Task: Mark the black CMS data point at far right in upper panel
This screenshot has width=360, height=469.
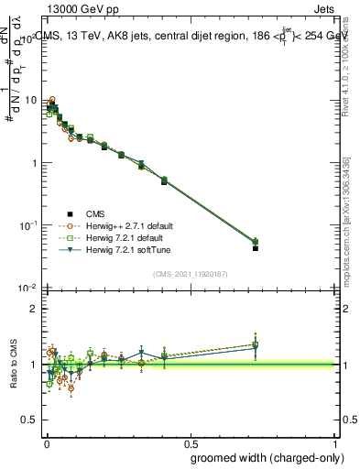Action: coord(256,248)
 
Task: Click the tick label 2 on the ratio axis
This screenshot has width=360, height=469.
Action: coord(35,309)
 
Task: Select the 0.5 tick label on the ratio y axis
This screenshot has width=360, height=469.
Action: coord(30,420)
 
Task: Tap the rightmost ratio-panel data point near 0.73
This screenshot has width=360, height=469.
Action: coord(256,345)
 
